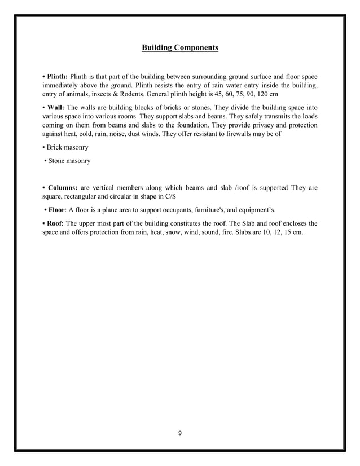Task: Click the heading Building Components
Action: click(x=179, y=49)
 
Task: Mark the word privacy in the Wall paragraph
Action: click(x=251, y=125)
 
